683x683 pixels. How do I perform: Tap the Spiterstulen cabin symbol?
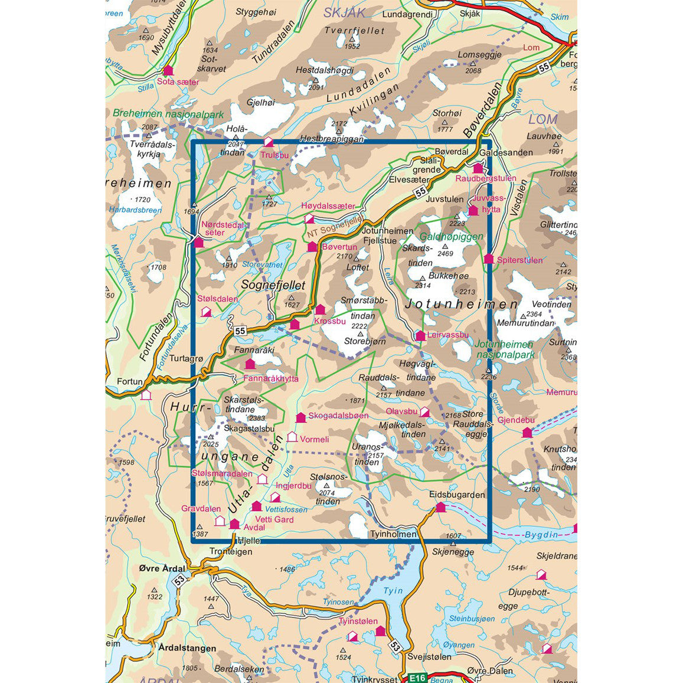click(489, 259)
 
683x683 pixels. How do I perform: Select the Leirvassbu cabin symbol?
click(420, 336)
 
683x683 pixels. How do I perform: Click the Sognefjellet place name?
click(273, 285)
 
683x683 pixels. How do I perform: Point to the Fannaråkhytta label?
click(271, 378)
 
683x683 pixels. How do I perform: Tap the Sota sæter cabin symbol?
click(168, 70)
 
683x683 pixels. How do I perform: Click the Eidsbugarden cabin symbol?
click(440, 506)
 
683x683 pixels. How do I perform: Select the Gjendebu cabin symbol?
click(527, 433)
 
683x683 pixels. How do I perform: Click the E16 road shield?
click(417, 678)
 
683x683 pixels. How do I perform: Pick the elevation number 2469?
click(445, 254)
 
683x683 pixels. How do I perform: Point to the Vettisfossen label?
click(286, 509)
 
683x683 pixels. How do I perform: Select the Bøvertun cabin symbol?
click(312, 247)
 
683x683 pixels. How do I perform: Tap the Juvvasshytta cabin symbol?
click(473, 211)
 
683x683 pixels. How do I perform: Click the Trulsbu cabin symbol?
click(269, 142)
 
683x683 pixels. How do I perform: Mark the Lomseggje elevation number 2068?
click(473, 71)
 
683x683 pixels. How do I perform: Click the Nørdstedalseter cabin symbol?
click(198, 242)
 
